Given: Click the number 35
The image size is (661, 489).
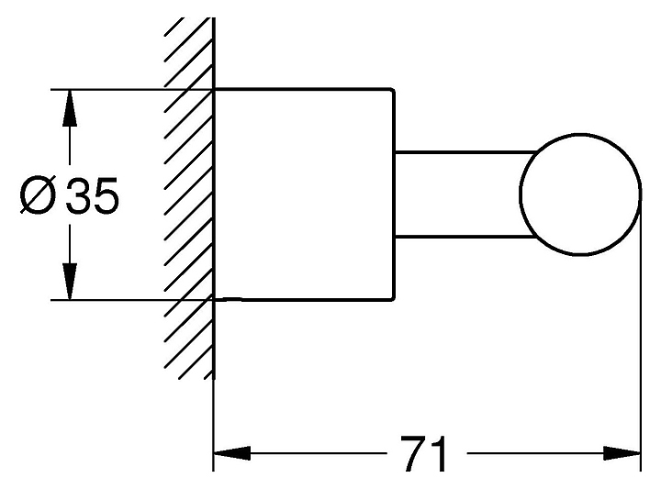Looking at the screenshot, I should point(94,196).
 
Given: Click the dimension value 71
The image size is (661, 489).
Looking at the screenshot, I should point(424,454).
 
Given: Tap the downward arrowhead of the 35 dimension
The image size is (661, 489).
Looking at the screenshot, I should point(69,280).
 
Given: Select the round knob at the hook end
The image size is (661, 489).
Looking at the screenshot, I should point(578,194).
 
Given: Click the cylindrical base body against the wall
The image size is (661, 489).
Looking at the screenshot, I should point(303,194).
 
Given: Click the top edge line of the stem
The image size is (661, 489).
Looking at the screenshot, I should point(459,150).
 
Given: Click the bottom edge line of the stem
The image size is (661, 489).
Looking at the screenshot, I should point(459,238).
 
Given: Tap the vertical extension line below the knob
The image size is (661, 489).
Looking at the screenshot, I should point(640,367).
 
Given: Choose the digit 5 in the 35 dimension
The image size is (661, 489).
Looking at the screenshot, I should point(106,196).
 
